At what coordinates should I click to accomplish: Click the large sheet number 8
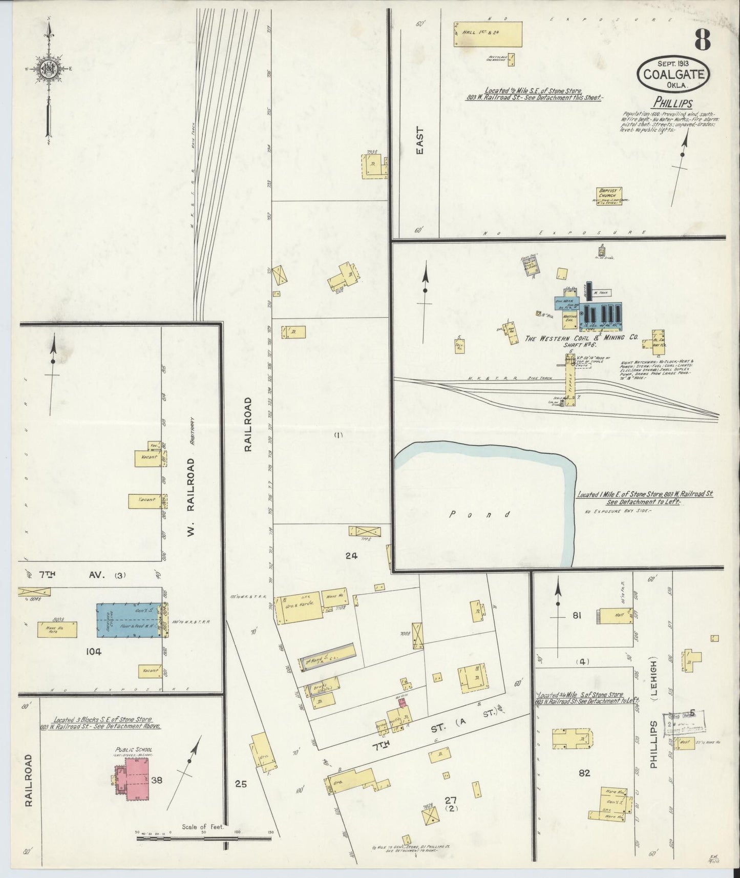[703, 40]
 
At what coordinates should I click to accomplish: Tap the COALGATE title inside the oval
[673, 75]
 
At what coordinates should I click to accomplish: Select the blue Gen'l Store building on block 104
[128, 620]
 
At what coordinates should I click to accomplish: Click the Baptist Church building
[609, 197]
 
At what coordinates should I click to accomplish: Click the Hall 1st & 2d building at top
[488, 34]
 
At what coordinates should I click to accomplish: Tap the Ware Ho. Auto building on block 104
[57, 630]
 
